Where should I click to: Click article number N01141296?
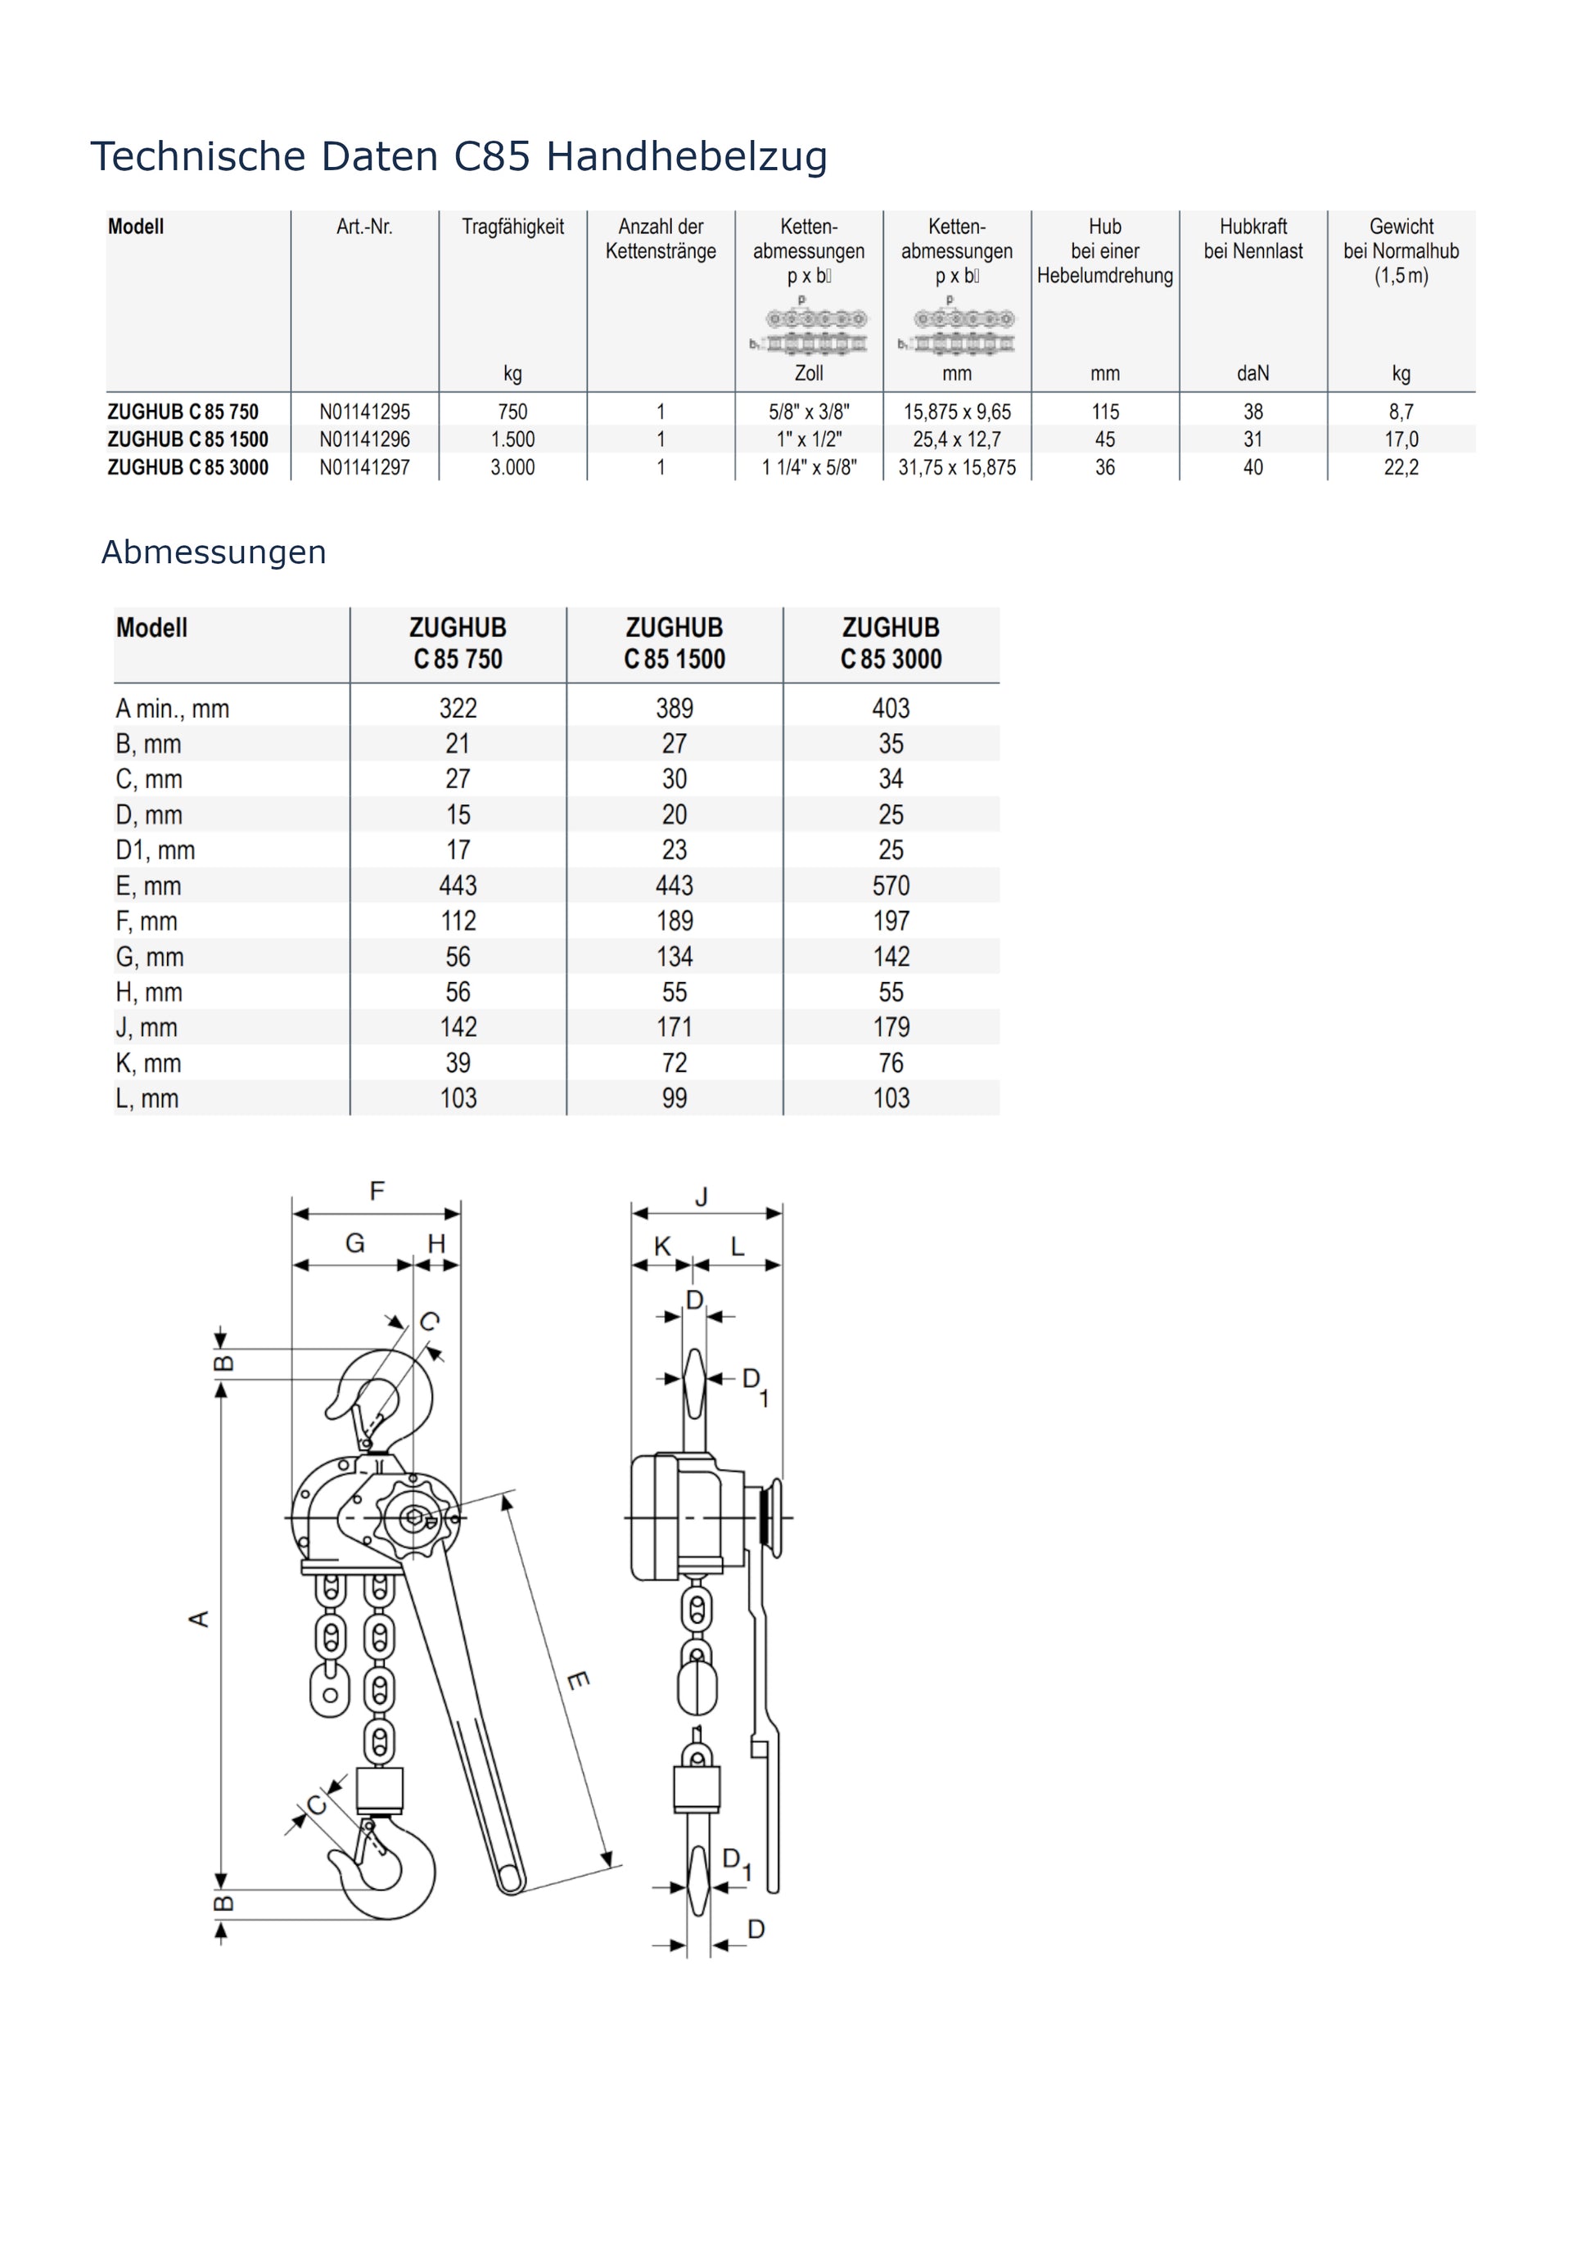pyautogui.click(x=364, y=439)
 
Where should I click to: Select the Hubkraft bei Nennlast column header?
pyautogui.click(x=1252, y=238)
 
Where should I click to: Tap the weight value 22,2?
pyautogui.click(x=1401, y=468)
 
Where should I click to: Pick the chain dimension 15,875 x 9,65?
pyautogui.click(x=957, y=412)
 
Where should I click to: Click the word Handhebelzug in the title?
pyautogui.click(x=686, y=156)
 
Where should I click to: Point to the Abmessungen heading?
pyautogui.click(x=213, y=552)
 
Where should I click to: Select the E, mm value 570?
pyautogui.click(x=891, y=886)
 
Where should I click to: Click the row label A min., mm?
pyautogui.click(x=172, y=709)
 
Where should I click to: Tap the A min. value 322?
pyautogui.click(x=458, y=709)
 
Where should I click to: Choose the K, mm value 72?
pyautogui.click(x=675, y=1063)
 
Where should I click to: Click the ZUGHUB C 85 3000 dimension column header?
pyautogui.click(x=891, y=644)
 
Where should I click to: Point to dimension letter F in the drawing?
pyautogui.click(x=377, y=1192)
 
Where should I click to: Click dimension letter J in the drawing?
pyautogui.click(x=702, y=1197)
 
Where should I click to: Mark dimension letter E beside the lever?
pyautogui.click(x=578, y=1681)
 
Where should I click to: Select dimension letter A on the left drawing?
pyautogui.click(x=199, y=1619)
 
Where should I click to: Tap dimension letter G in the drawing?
pyautogui.click(x=354, y=1243)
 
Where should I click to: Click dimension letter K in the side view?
pyautogui.click(x=662, y=1246)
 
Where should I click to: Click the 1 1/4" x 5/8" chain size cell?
pyautogui.click(x=809, y=468)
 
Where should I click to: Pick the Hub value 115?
pyautogui.click(x=1105, y=412)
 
